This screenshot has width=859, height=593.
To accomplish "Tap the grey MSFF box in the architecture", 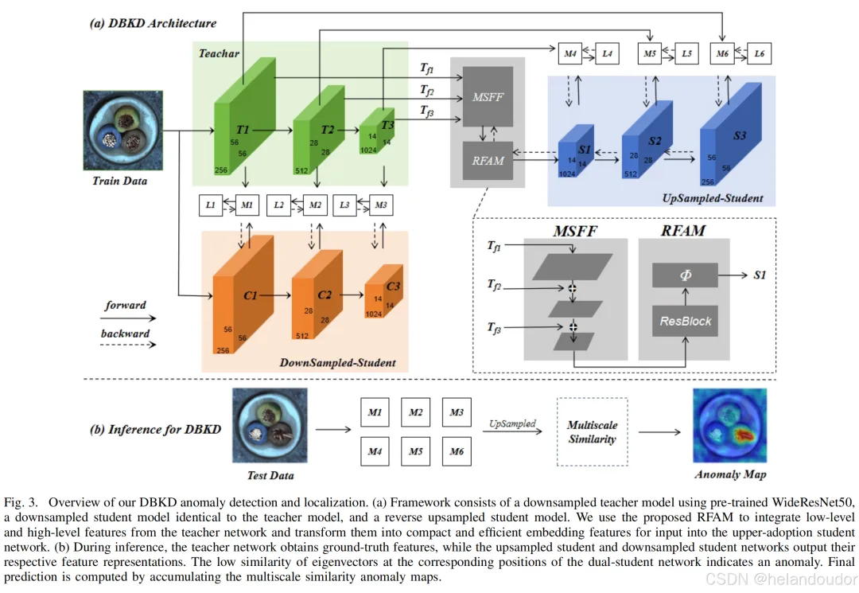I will (488, 96).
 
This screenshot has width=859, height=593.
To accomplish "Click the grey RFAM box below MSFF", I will (488, 160).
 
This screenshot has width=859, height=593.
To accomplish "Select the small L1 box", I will (211, 205).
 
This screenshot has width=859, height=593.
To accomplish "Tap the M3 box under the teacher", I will (382, 205).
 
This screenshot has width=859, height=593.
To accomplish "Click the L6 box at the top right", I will (760, 53).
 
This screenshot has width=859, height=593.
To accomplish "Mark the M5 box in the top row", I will (650, 53).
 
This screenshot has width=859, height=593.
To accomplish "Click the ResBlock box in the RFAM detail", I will (685, 322).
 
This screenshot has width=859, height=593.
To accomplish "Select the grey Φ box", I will (685, 275).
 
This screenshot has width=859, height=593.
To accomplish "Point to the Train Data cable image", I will (119, 132).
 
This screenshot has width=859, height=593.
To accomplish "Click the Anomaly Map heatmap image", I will (729, 427).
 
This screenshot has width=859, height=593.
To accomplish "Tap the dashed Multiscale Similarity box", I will (593, 432).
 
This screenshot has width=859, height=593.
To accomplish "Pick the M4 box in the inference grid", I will (375, 452).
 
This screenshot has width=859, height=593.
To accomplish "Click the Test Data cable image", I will (270, 427).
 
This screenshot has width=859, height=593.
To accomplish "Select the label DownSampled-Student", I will (337, 363).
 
